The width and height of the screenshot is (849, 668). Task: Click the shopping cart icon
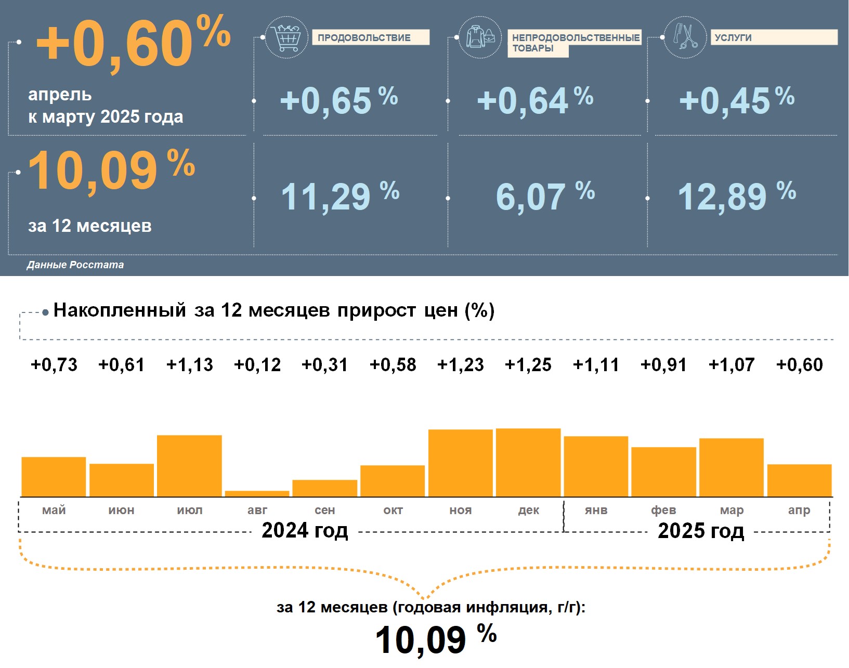(x=286, y=37)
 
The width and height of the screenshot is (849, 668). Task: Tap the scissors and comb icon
(x=685, y=37)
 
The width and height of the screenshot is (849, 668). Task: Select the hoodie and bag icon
(x=480, y=37)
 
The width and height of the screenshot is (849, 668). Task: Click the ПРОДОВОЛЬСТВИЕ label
(x=370, y=37)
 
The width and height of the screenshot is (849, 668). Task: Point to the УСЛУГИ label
(x=774, y=37)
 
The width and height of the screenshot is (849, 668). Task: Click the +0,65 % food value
(x=338, y=100)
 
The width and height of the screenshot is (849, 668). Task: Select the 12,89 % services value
(x=736, y=197)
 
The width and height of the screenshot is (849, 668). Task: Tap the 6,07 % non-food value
(x=544, y=197)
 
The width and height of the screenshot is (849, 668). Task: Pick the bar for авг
(x=257, y=493)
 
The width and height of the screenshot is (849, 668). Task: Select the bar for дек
(x=528, y=462)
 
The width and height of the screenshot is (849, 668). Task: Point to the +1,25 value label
(x=528, y=365)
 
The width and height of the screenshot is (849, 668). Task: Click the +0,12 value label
(x=257, y=365)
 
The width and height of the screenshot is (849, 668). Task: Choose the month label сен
(x=325, y=510)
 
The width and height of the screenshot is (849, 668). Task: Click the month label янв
(x=596, y=510)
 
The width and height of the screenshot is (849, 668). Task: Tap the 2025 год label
(x=701, y=531)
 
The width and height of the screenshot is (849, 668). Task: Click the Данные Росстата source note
(x=75, y=265)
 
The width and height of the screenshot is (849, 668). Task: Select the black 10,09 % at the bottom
(x=435, y=638)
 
